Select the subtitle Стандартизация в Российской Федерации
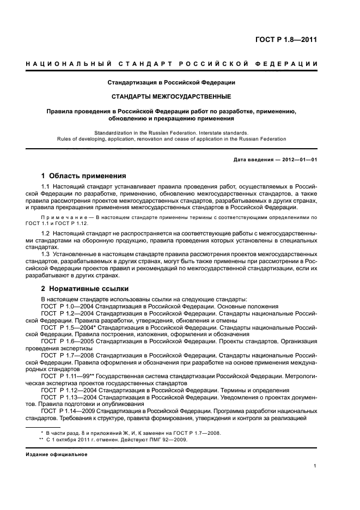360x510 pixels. tap(171, 83)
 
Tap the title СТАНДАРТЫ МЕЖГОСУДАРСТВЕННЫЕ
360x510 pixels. tap(171, 96)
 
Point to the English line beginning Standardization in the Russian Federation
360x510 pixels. tap(171, 132)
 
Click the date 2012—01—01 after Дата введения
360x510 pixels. tap(298, 159)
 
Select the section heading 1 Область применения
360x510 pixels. tap(84, 176)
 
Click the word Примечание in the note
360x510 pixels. tap(59, 217)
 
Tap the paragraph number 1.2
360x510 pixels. tap(46, 233)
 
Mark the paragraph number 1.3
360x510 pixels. tap(46, 254)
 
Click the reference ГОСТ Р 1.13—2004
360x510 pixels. tap(65, 398)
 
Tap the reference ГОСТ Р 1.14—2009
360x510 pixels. tap(65, 411)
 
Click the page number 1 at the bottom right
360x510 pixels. tap(315, 466)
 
